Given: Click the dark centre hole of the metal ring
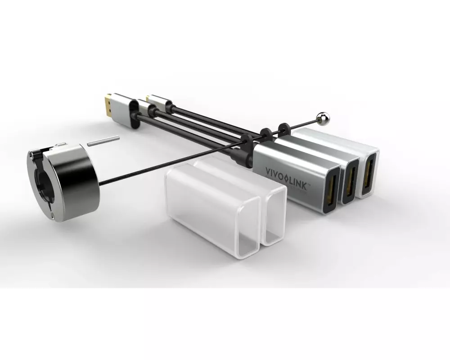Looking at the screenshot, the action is pyautogui.click(x=43, y=183).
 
